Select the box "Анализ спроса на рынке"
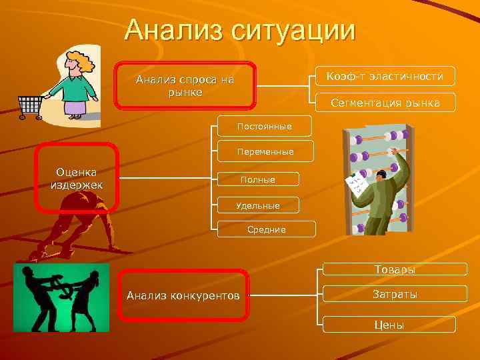185,85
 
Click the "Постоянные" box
265,125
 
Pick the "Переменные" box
265,151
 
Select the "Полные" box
258,179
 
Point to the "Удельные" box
258,205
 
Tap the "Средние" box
266,229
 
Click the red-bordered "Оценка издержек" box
77,178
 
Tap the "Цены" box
389,325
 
